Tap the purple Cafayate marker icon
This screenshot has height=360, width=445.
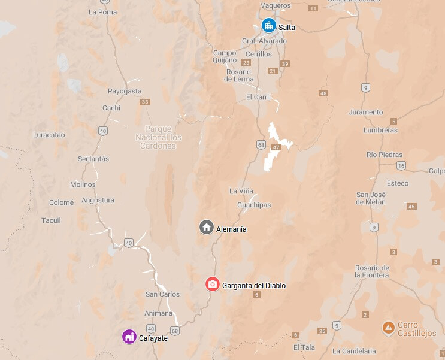129,337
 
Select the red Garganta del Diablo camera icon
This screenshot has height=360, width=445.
212,285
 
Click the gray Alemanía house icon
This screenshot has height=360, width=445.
207,228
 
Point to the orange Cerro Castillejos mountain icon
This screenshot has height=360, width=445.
389,328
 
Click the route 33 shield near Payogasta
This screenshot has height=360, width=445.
145,102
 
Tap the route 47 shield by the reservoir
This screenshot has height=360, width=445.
276,147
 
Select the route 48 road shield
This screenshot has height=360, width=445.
324,93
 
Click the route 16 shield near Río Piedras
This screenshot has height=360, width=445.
401,165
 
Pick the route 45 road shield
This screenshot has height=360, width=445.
411,207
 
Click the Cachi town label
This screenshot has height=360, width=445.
111,108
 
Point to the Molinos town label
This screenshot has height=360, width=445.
83,184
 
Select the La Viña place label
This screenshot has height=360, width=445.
241,191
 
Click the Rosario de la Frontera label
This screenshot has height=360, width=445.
372,271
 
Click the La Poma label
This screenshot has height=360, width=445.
102,11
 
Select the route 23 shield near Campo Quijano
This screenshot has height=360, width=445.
246,62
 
